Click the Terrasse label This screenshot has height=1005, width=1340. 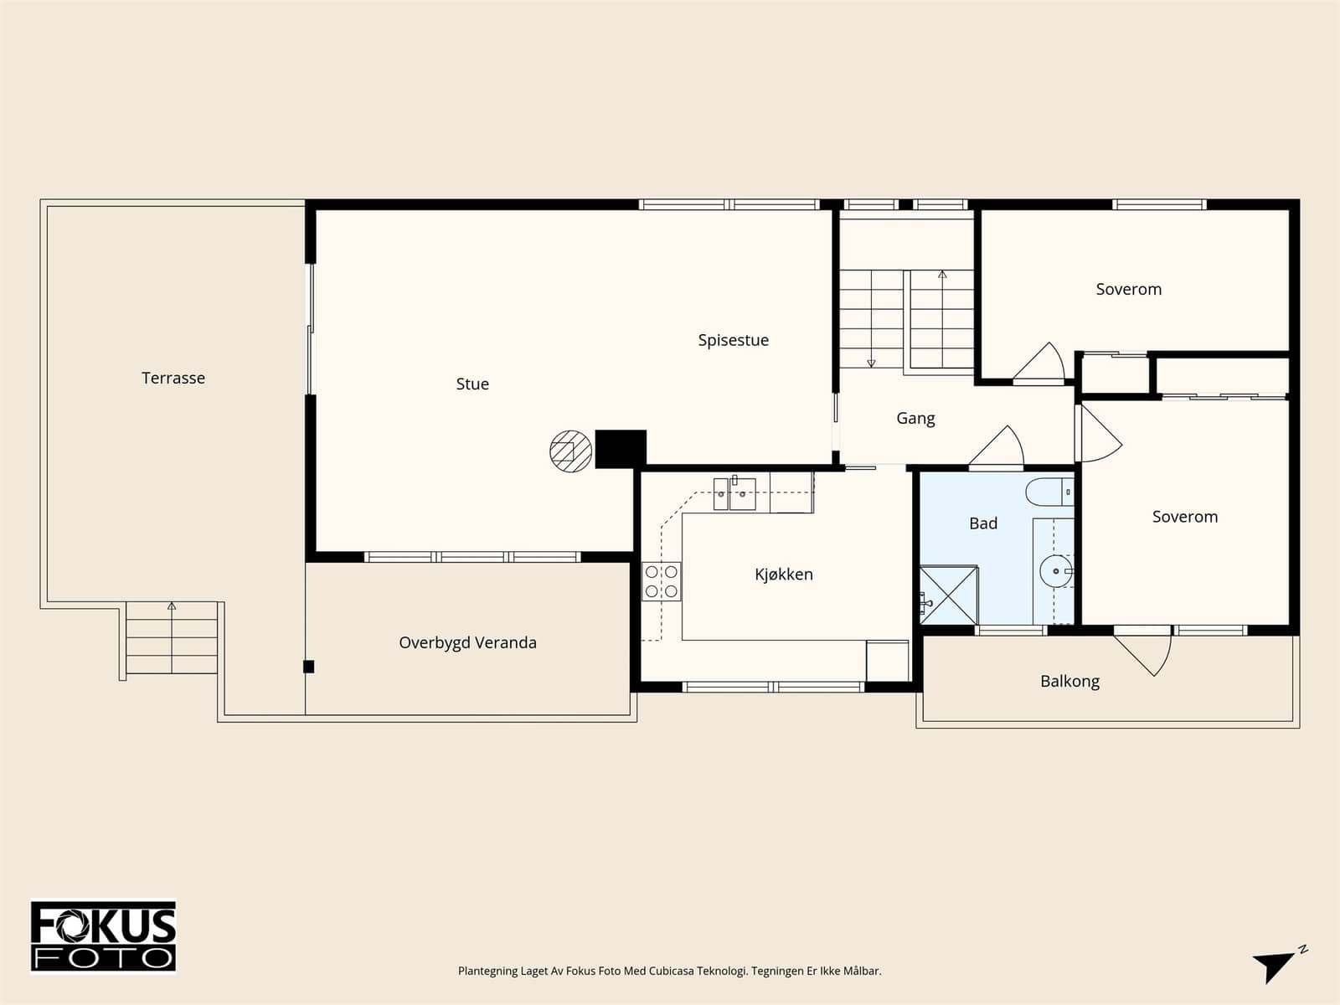[x=173, y=379]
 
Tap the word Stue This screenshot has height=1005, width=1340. [x=472, y=384]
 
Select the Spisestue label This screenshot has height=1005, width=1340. [x=733, y=341]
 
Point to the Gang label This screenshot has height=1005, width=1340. [x=915, y=419]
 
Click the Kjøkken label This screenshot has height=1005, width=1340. [x=784, y=575]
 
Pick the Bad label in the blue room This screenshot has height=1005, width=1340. [x=983, y=523]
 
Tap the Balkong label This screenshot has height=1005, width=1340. [x=1069, y=682]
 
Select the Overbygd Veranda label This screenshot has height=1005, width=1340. [x=467, y=643]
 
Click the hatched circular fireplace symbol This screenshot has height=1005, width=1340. [x=571, y=451]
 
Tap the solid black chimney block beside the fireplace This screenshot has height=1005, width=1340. [x=621, y=449]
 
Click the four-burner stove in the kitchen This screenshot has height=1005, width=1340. [x=661, y=581]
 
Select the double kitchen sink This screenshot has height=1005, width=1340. [x=734, y=493]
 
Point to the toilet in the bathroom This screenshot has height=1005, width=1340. [x=1049, y=492]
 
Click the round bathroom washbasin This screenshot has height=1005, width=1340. [x=1056, y=571]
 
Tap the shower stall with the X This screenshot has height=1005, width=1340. [x=948, y=595]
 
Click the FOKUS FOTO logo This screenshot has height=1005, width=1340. [x=103, y=936]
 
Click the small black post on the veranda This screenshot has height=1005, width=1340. [x=309, y=667]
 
